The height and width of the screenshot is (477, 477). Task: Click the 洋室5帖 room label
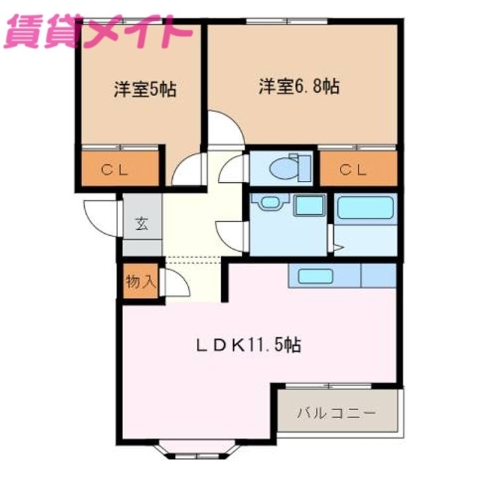point(145,89)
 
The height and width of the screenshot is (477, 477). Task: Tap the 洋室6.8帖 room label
point(299,86)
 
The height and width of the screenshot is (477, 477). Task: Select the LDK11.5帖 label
point(248,345)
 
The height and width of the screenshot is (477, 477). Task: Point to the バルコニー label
point(336,413)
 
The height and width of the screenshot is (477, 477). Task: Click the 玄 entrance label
point(142,224)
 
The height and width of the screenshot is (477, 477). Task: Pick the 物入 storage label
point(141,282)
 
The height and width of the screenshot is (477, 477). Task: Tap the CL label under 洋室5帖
point(115,170)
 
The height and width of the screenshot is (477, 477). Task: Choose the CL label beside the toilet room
point(353,170)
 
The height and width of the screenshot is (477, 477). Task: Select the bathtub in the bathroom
point(365,207)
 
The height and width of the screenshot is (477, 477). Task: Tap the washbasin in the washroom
point(270,202)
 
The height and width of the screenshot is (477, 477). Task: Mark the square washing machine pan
point(309,205)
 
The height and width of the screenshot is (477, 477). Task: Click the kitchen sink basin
point(315,276)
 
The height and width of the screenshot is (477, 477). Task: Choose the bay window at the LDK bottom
point(197,450)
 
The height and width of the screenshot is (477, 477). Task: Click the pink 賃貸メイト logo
point(98,32)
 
